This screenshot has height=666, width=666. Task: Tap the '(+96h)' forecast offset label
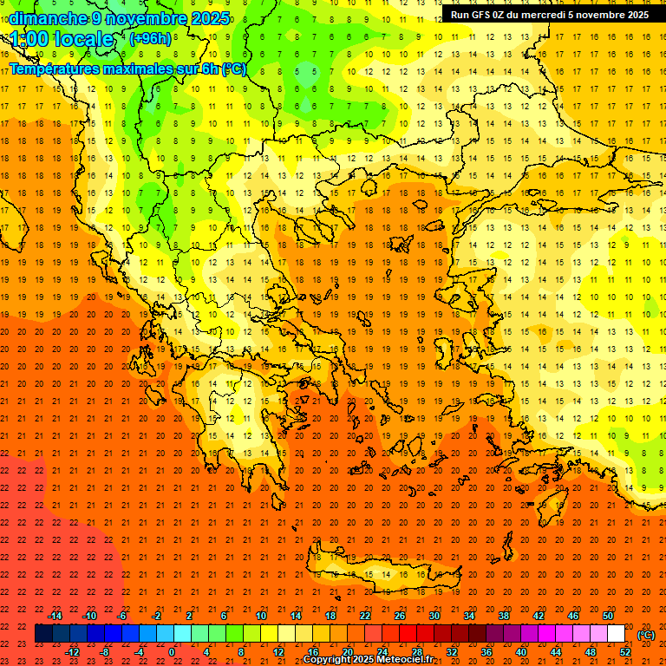[x=150, y=38]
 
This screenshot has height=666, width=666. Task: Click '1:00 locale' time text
[x=62, y=39]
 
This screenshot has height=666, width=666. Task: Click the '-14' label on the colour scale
[x=55, y=615]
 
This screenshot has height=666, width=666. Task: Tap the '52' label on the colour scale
[x=625, y=651]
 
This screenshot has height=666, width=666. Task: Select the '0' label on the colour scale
[x=173, y=651]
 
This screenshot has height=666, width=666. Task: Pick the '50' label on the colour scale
[x=607, y=615]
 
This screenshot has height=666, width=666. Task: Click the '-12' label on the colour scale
[x=72, y=651]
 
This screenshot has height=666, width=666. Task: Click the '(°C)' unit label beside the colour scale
[x=645, y=635]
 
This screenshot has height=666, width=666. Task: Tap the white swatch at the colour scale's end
[x=617, y=634]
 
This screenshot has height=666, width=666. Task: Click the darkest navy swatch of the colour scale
[x=43, y=634]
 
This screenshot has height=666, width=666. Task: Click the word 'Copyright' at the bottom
[x=329, y=660]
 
